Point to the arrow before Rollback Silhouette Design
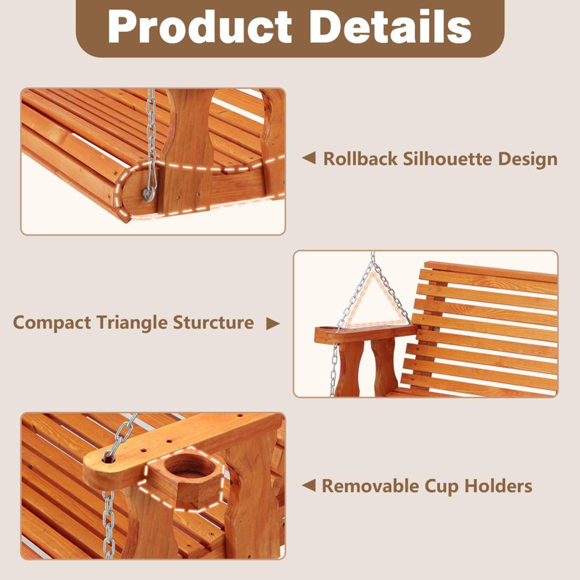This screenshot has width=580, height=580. [308, 158]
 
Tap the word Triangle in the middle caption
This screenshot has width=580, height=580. [133, 323]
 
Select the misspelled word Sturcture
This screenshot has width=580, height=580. [213, 323]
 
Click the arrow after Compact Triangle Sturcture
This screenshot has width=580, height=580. [272, 323]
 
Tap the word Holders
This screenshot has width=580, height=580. [499, 486]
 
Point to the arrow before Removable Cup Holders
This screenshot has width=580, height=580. [308, 485]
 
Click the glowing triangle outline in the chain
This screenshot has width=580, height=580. [374, 299]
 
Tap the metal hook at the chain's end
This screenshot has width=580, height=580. [149, 191]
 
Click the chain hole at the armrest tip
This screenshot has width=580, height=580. [109, 457]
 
